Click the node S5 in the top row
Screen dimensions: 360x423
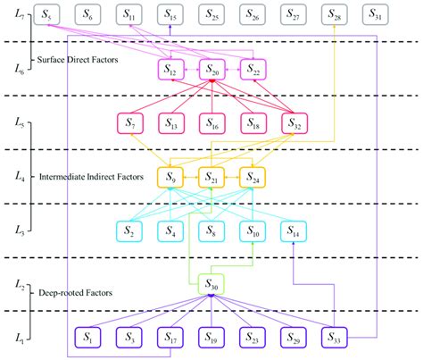[47, 16]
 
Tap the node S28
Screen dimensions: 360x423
[335, 16]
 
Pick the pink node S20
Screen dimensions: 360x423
[211, 69]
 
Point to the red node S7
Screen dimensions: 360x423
[130, 122]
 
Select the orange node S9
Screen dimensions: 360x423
[170, 177]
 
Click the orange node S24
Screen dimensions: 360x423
[253, 177]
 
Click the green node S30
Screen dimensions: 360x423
[211, 284]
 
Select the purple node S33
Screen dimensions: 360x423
[335, 339]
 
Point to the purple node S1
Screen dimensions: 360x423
[88, 339]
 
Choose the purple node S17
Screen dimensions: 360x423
[170, 339]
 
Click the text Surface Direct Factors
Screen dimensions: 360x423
[78, 60]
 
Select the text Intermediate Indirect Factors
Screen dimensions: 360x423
[92, 178]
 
